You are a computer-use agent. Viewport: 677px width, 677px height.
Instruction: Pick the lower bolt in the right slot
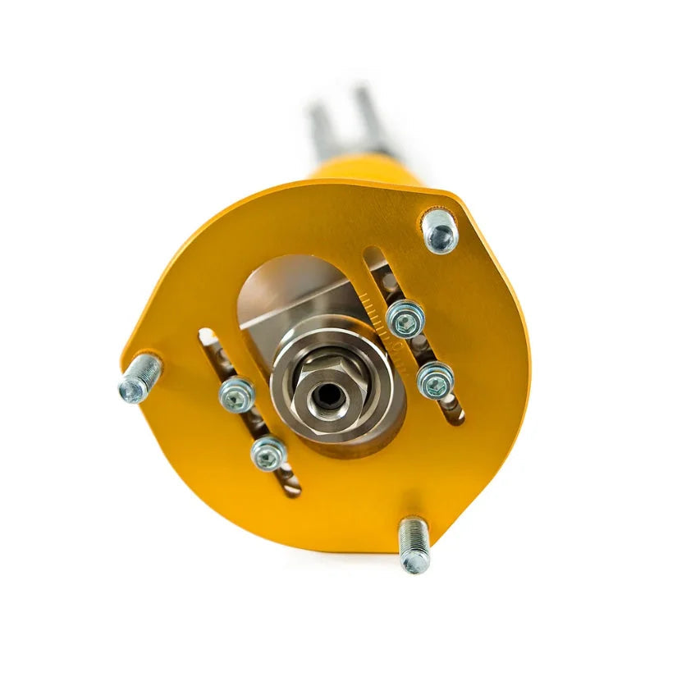(435, 379)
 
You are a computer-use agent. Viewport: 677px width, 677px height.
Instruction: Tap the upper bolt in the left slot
(237, 395)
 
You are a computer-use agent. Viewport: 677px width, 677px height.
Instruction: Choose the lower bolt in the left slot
(268, 452)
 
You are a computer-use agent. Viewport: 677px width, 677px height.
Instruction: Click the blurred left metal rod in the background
(320, 131)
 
